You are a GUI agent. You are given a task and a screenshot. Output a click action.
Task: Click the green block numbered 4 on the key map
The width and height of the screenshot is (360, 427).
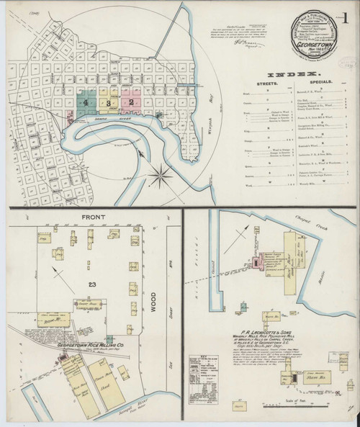click(x=86, y=103)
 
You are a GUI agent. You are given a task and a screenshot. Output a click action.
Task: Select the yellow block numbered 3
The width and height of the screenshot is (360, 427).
click(x=108, y=103)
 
